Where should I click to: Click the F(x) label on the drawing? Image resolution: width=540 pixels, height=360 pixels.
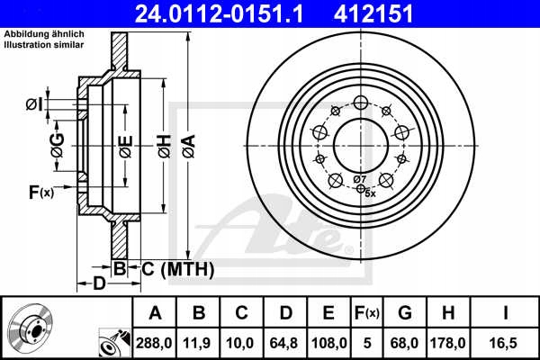click(41, 192)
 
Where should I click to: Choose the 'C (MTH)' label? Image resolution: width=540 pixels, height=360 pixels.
click(177, 267)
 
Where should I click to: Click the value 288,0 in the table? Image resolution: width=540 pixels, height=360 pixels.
click(155, 342)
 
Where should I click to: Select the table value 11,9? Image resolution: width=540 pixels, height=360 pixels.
click(199, 342)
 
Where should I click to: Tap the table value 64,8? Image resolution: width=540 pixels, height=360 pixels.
click(285, 342)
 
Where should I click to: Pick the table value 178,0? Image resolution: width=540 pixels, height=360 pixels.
click(448, 342)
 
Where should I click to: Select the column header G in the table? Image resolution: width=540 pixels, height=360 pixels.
click(405, 312)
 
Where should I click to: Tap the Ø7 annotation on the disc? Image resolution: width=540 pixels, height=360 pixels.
click(361, 181)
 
